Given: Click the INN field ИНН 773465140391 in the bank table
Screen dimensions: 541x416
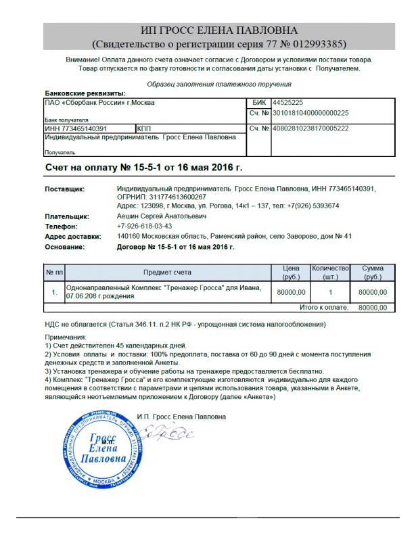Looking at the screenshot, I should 76,127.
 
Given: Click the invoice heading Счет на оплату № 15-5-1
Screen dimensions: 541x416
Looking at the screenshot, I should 143,166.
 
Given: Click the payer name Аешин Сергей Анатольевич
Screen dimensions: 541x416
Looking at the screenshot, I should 162,216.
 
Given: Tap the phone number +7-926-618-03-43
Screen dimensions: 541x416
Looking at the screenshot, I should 145,226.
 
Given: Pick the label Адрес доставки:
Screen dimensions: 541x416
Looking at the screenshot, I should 72,236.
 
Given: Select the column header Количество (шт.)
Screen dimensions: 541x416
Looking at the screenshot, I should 330,273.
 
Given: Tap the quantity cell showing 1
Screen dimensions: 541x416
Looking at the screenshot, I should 330,292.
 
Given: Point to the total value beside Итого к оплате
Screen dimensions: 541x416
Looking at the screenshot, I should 373,308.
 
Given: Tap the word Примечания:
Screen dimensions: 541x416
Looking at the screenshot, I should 66,337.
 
